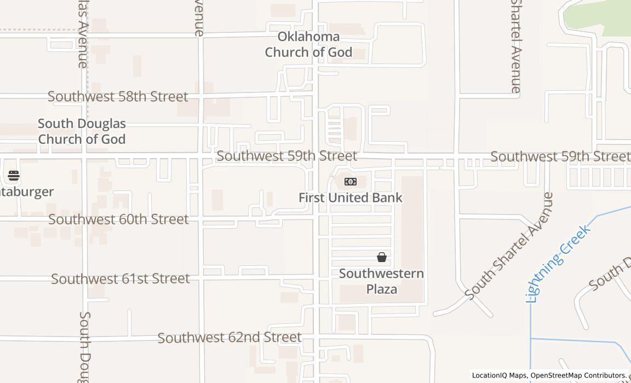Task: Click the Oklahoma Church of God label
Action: point(308,45)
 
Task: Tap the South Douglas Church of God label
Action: point(82,131)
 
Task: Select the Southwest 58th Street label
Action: point(118,97)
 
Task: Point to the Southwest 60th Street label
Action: point(118,219)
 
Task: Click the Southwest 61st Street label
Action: point(121,279)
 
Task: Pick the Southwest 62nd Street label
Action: point(230,338)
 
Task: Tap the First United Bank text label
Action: point(351,198)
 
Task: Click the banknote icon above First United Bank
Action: point(351,182)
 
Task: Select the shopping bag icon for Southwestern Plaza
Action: point(382,257)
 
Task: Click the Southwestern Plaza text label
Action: point(381,281)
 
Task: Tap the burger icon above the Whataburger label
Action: point(14,176)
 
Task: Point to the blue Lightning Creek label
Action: point(558,262)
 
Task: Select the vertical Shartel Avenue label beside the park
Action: point(516,47)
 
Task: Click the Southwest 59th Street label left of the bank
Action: point(287,156)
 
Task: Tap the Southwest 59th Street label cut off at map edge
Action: point(560,156)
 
